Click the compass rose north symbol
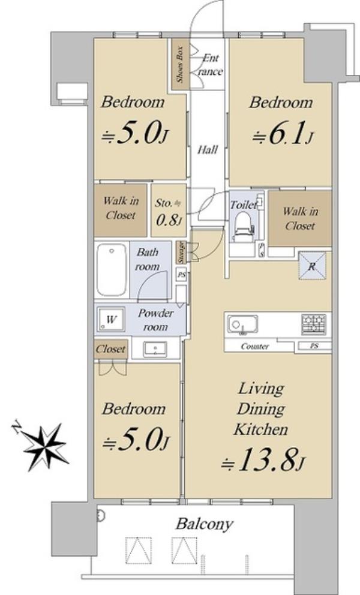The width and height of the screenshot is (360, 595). pyautogui.click(x=42, y=444)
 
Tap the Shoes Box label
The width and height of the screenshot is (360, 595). pyautogui.click(x=180, y=65)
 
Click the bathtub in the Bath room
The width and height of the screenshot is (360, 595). pyautogui.click(x=112, y=269)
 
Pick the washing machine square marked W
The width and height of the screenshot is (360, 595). pyautogui.click(x=110, y=318)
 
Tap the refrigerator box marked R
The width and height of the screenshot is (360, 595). pyautogui.click(x=312, y=266)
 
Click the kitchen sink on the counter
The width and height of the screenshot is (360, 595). pyautogui.click(x=242, y=324)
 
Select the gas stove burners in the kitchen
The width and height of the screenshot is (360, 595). pyautogui.click(x=313, y=324)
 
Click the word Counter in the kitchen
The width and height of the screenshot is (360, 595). pyautogui.click(x=255, y=347)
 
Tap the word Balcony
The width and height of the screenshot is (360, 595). pyautogui.click(x=205, y=525)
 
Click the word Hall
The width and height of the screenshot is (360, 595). pyautogui.click(x=208, y=150)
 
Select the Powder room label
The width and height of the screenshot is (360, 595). pyautogui.click(x=155, y=320)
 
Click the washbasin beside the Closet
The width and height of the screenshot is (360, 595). pyautogui.click(x=155, y=349)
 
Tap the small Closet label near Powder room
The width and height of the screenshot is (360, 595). pyautogui.click(x=110, y=348)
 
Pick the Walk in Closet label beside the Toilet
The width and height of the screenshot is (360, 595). pyautogui.click(x=300, y=218)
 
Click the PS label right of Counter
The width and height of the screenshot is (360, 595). pyautogui.click(x=314, y=346)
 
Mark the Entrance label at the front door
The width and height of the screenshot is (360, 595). pyautogui.click(x=210, y=65)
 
